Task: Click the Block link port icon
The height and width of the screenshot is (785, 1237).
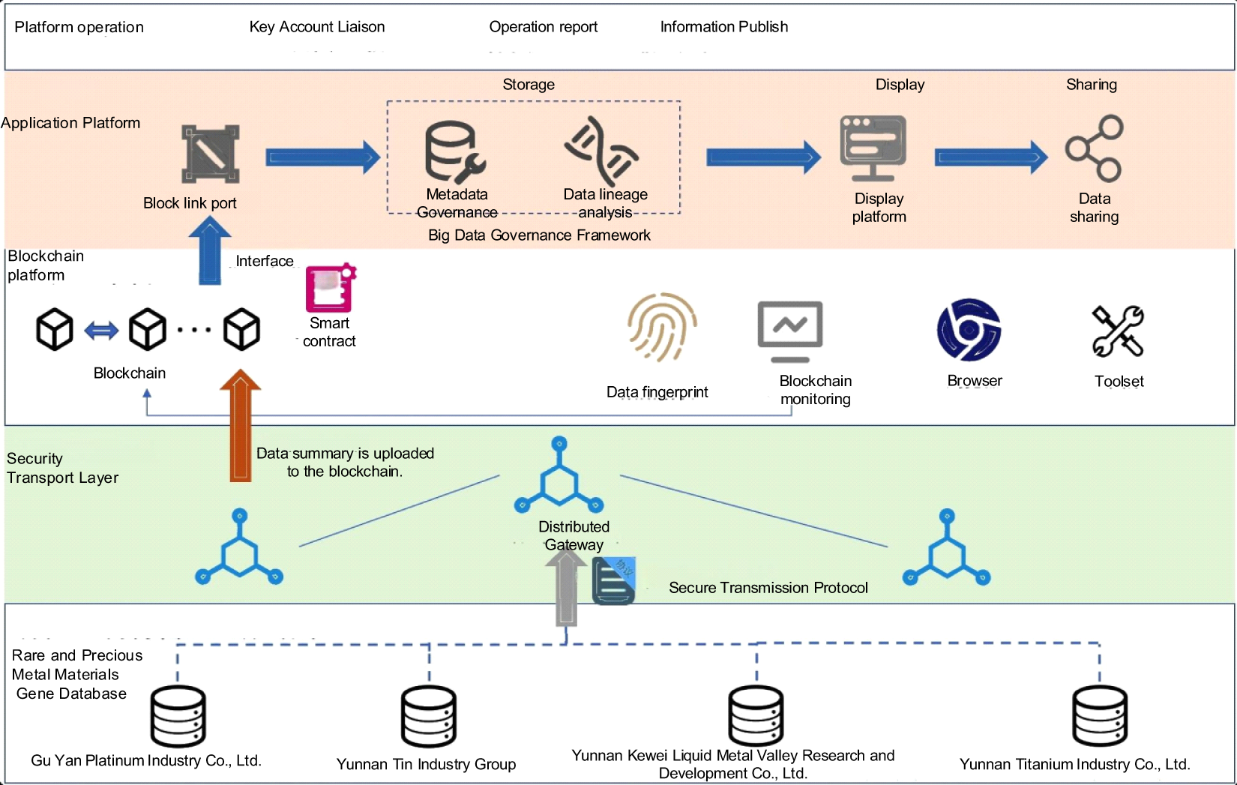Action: pos(211,154)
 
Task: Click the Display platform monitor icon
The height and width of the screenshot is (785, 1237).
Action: pos(873,148)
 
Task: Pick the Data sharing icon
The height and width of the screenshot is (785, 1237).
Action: pos(1095,148)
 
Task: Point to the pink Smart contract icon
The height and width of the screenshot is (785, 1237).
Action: pos(330,288)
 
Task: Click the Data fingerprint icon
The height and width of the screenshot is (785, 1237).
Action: pos(662,327)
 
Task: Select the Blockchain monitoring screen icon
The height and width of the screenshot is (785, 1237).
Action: pos(790,331)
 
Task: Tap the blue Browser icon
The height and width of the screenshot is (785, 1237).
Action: pos(969,330)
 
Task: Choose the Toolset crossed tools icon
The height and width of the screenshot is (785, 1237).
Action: pos(1118,331)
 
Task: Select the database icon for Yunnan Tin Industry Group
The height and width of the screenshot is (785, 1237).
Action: pos(429,716)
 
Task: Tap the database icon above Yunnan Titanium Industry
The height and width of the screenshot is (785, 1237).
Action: pos(1100,716)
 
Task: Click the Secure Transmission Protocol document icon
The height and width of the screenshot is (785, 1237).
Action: pos(614,581)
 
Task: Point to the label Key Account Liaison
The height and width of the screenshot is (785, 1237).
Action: pos(317,27)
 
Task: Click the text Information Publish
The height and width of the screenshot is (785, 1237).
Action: pos(724,27)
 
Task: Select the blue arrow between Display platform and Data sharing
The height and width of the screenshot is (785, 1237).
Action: pos(991,157)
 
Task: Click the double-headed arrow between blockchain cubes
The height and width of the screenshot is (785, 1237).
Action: pos(101,330)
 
